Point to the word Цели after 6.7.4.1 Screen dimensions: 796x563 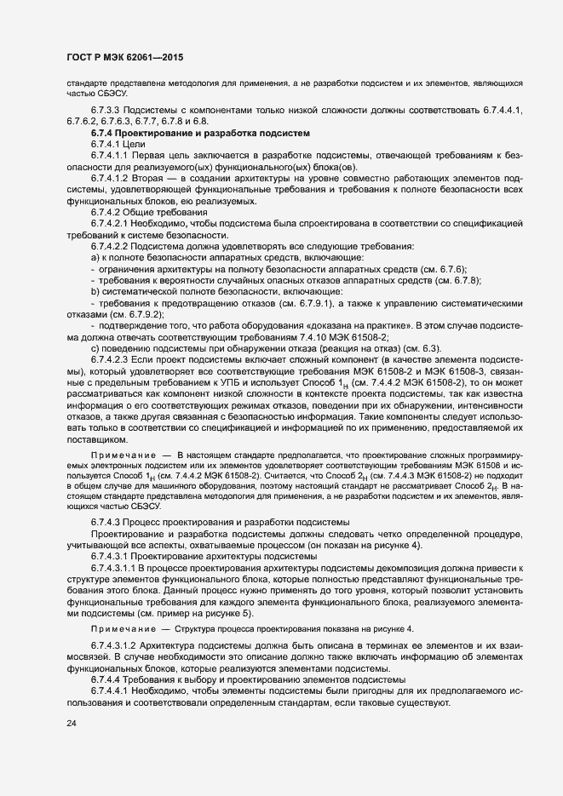pos(136,146)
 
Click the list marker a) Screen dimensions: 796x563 pos(95,257)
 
